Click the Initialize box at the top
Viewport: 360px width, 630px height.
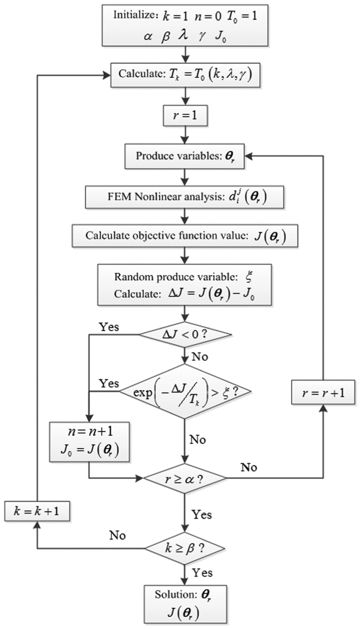point(185,25)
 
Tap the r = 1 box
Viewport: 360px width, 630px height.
point(185,116)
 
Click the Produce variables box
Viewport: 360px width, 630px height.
point(185,156)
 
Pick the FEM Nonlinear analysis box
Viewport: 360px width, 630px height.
point(185,197)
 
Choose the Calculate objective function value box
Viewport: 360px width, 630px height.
point(185,236)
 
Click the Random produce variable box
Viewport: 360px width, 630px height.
point(185,285)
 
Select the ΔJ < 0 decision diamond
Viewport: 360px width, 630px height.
point(185,335)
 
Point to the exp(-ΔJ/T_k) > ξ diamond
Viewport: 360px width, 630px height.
point(185,392)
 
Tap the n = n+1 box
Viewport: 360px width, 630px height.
point(90,442)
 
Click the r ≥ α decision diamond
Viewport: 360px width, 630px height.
point(185,479)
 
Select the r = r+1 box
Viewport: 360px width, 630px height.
point(323,393)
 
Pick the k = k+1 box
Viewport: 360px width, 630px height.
point(37,511)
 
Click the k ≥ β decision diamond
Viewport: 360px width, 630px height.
point(185,548)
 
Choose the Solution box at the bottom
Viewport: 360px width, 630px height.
point(185,604)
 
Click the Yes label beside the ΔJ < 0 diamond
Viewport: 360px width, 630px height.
point(109,327)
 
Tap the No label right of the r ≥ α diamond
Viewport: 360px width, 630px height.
point(249,468)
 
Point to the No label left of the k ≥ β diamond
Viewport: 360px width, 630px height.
point(117,535)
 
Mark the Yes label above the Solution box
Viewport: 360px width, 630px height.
point(202,573)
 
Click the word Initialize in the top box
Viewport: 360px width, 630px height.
point(135,15)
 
